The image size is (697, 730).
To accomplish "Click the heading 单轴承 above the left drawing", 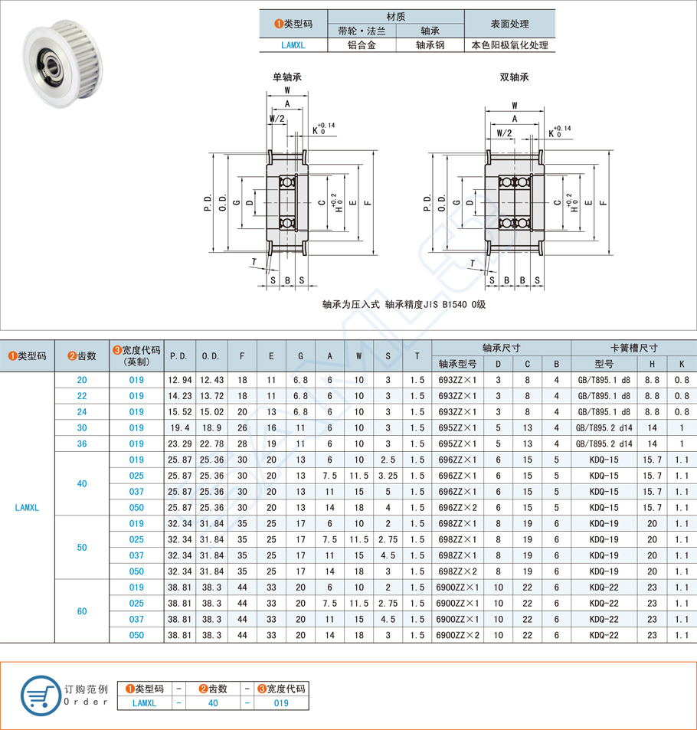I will [286, 77].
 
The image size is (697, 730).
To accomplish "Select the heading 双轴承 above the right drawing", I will [514, 77].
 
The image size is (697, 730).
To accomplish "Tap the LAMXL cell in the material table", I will [293, 45].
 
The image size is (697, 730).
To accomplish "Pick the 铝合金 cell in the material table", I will [362, 45].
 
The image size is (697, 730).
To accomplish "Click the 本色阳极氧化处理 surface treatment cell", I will [509, 45].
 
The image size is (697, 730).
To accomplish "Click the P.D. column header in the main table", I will [179, 356].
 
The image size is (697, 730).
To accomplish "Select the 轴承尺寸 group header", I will [501, 347].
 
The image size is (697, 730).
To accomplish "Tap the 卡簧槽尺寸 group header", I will [633, 347].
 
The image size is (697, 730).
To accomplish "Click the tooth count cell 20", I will [82, 380].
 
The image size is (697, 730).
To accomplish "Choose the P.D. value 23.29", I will [179, 444].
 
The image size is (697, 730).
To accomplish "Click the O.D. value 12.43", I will [211, 380].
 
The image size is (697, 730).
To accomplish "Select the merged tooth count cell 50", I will [82, 547].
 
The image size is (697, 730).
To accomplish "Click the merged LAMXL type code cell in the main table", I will [27, 507].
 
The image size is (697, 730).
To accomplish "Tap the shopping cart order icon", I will [38, 695].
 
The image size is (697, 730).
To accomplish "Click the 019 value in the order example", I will [281, 703].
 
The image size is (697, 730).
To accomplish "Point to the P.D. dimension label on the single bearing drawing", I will [208, 203].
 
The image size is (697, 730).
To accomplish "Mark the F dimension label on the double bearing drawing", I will [604, 203].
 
